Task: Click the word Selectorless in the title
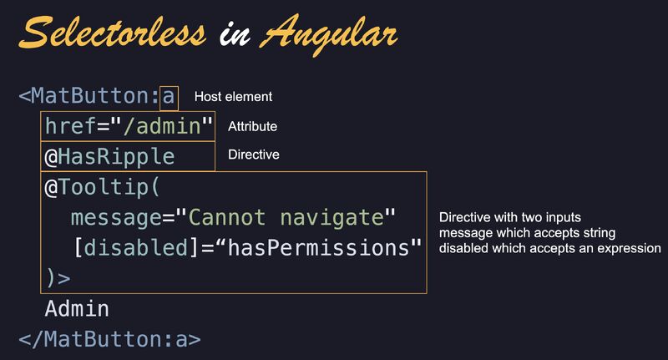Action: [x=113, y=33]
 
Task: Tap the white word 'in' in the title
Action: [x=235, y=33]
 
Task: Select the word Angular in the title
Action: [x=329, y=35]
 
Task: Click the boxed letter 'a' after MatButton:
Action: [x=169, y=96]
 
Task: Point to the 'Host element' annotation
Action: [x=233, y=97]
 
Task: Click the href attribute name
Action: [x=71, y=125]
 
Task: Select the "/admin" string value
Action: [x=161, y=125]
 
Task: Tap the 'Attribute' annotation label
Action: [x=253, y=126]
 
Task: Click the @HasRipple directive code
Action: [x=109, y=157]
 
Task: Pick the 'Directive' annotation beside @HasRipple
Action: [x=254, y=155]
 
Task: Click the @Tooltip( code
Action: [x=102, y=187]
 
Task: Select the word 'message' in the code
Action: [x=116, y=218]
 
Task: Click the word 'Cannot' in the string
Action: [x=226, y=218]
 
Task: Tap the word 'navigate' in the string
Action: [x=332, y=218]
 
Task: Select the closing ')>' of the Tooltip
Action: [x=58, y=278]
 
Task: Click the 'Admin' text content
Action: [x=77, y=309]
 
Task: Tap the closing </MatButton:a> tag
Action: [x=109, y=340]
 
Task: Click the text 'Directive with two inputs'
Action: [x=510, y=218]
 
